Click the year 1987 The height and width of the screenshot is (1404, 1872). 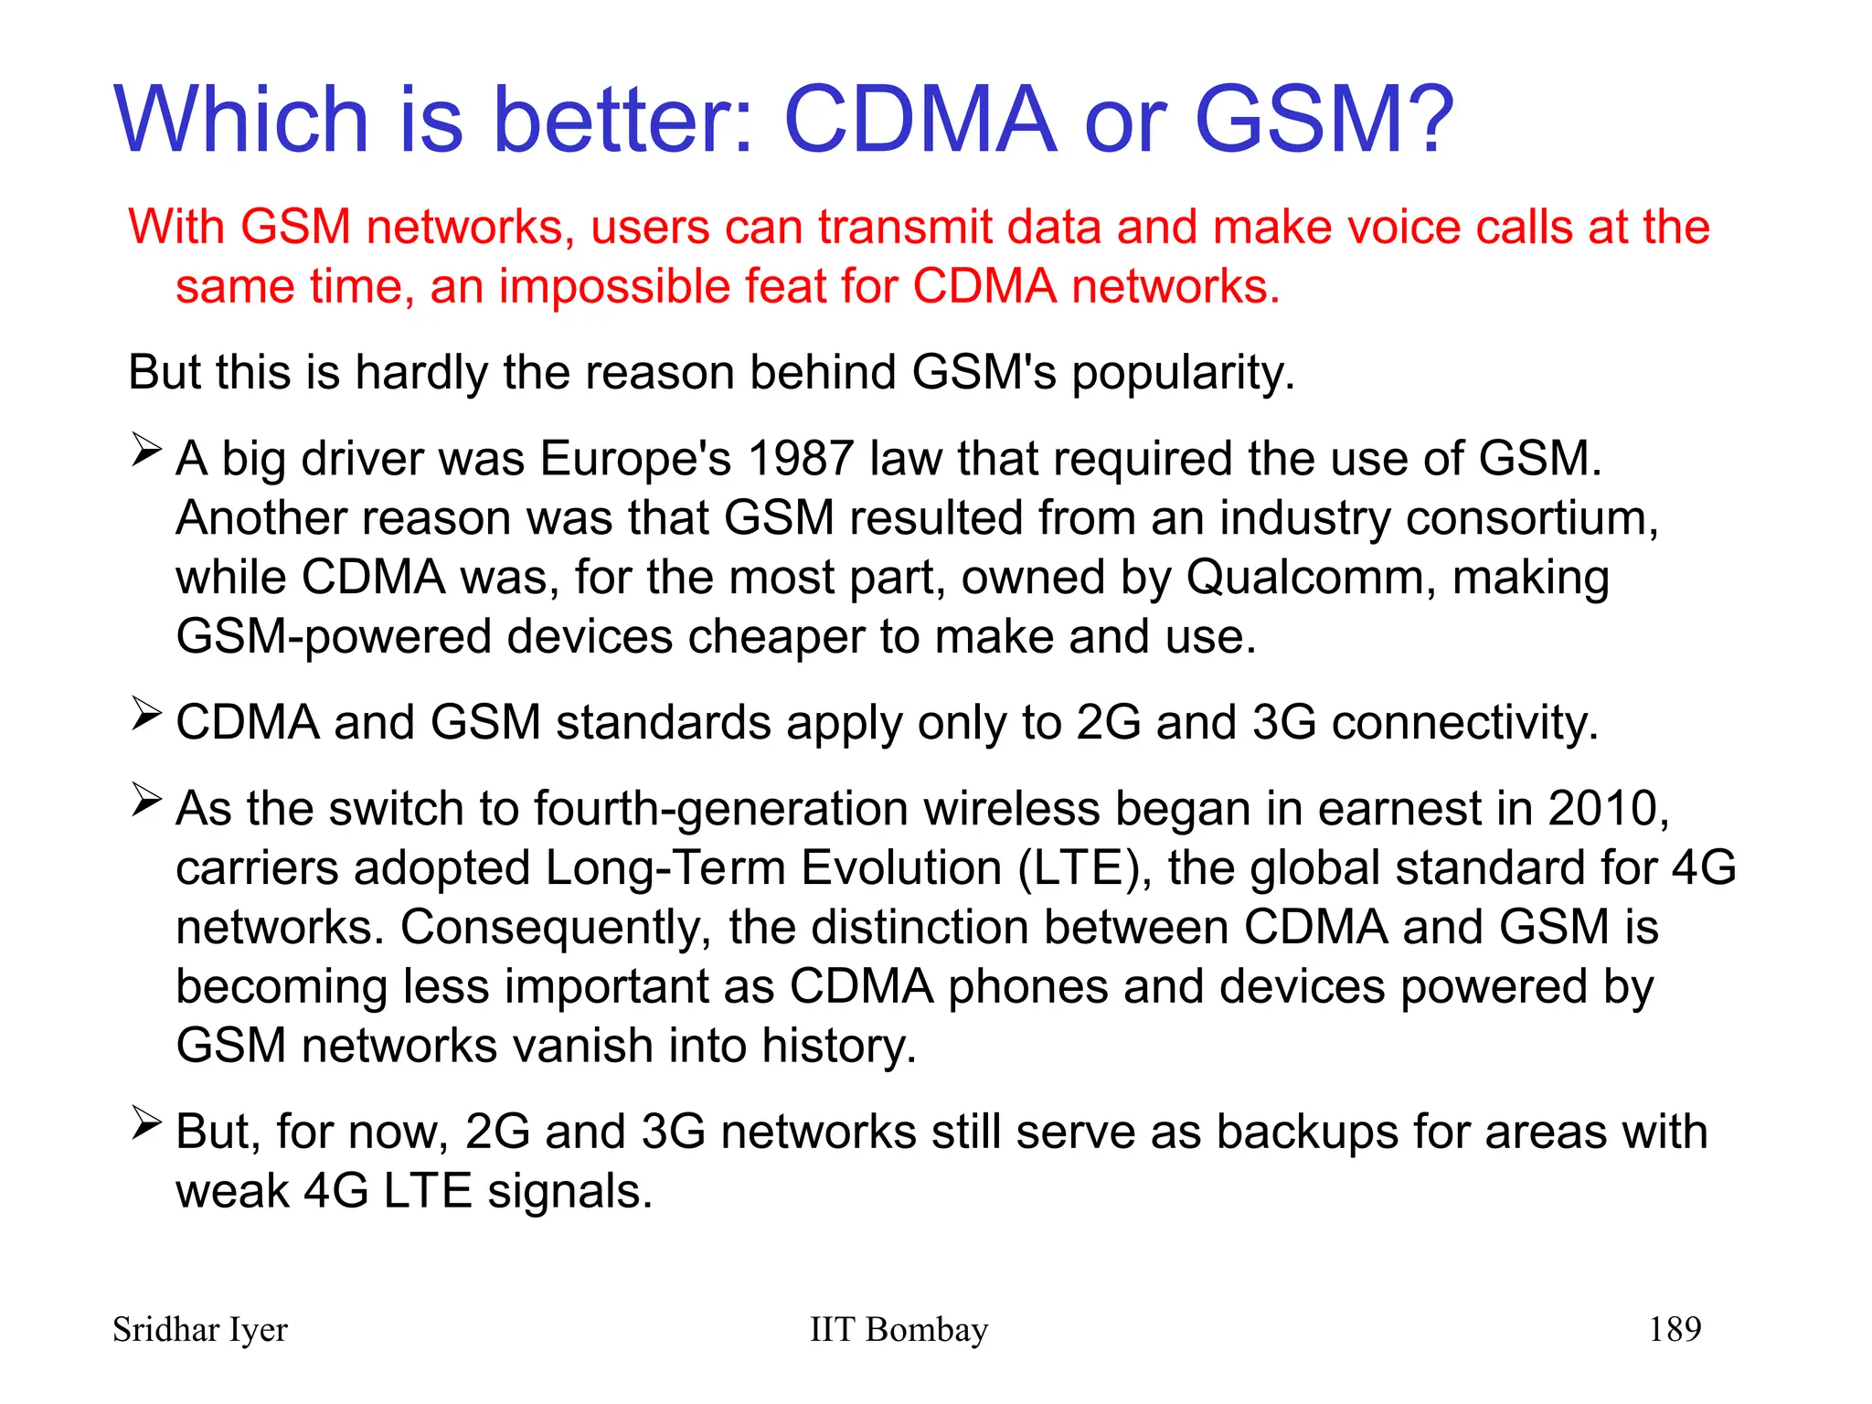coord(800,458)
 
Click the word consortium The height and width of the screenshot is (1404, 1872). coord(1531,518)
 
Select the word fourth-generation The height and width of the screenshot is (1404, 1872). coord(721,809)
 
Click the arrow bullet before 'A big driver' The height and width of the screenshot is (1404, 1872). coord(146,450)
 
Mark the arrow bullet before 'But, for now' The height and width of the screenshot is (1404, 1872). coord(146,1122)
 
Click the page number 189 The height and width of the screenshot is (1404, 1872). coord(1675,1329)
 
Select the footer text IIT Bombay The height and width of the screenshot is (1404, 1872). coord(899,1330)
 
